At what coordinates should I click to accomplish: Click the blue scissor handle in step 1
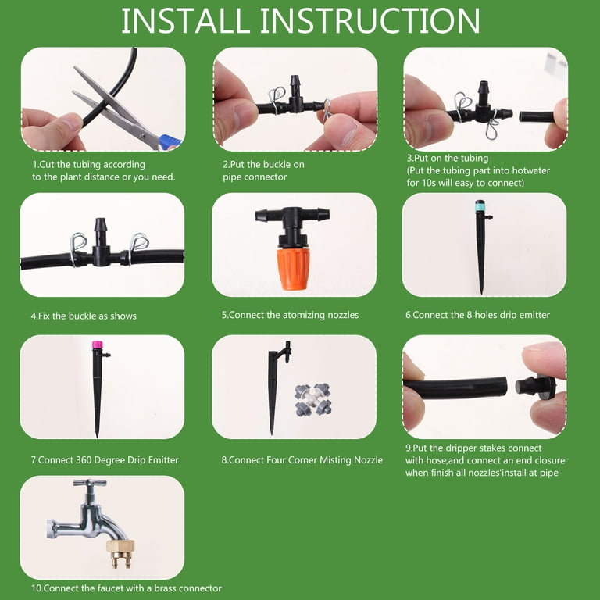tap(170, 142)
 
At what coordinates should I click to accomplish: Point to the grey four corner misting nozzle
tap(313, 400)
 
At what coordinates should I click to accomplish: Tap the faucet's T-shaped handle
tap(90, 484)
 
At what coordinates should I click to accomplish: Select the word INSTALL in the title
tap(186, 21)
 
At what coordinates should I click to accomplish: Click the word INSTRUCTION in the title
tap(370, 21)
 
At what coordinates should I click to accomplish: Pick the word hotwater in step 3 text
tap(530, 170)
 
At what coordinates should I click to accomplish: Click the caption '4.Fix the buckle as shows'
tap(84, 316)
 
